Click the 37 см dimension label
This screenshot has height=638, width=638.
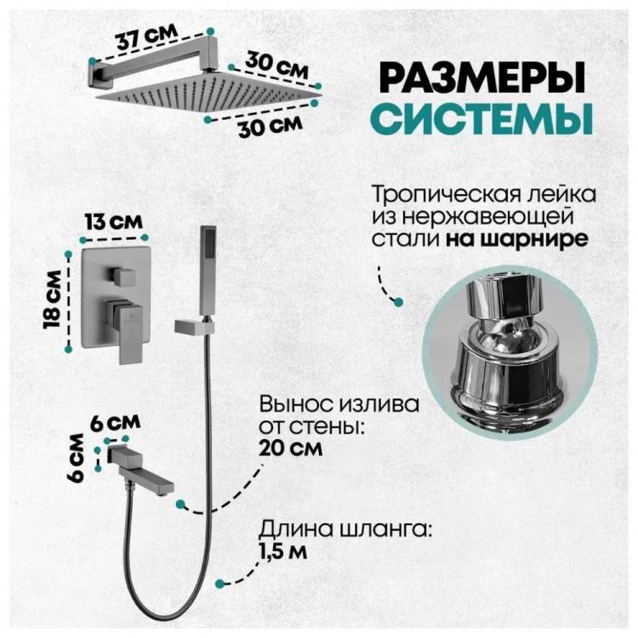click(146, 37)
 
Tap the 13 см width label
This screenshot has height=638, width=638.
click(114, 222)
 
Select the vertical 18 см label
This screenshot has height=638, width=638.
click(54, 299)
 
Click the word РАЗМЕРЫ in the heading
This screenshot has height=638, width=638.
click(482, 77)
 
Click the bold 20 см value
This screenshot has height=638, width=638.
click(291, 449)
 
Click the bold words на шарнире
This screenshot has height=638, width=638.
click(517, 238)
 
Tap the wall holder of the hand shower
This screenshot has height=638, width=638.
click(194, 327)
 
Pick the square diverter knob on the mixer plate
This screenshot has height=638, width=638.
click(122, 277)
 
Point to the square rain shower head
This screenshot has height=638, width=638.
click(209, 93)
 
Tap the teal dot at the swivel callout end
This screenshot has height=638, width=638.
click(399, 302)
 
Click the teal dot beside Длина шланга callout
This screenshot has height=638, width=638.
click(219, 583)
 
